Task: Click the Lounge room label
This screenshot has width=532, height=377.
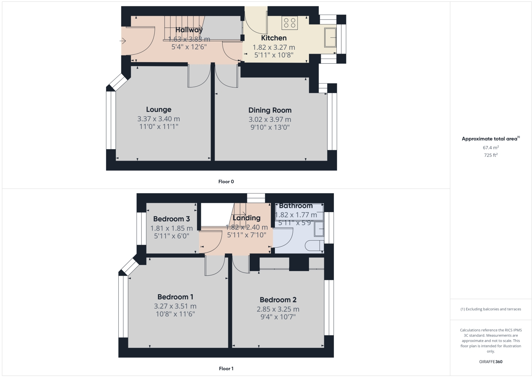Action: pyautogui.click(x=159, y=109)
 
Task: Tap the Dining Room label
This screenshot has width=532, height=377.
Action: pyautogui.click(x=270, y=110)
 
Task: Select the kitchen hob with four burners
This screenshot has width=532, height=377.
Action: pyautogui.click(x=289, y=23)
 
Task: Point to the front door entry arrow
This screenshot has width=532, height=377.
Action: pyautogui.click(x=123, y=41)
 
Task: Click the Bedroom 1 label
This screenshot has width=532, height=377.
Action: pyautogui.click(x=175, y=297)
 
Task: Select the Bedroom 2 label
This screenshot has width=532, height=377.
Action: pyautogui.click(x=278, y=300)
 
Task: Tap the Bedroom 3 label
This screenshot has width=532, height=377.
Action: pyautogui.click(x=171, y=219)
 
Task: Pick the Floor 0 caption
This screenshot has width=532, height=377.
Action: pyautogui.click(x=226, y=182)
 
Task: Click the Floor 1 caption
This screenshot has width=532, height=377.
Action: pyautogui.click(x=226, y=368)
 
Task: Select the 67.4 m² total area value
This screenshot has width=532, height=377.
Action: pyautogui.click(x=491, y=147)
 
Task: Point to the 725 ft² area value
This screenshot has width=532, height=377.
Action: pyautogui.click(x=491, y=155)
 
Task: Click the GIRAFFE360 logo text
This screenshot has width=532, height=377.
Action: pyautogui.click(x=491, y=362)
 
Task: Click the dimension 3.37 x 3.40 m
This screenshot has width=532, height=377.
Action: pyautogui.click(x=159, y=119)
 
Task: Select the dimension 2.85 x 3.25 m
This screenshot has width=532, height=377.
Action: pyautogui.click(x=278, y=309)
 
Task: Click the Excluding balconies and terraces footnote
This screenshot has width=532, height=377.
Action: pyautogui.click(x=491, y=309)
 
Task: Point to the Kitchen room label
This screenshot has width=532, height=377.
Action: pyautogui.click(x=273, y=38)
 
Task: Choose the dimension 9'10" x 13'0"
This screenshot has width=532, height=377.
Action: pyautogui.click(x=270, y=127)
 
